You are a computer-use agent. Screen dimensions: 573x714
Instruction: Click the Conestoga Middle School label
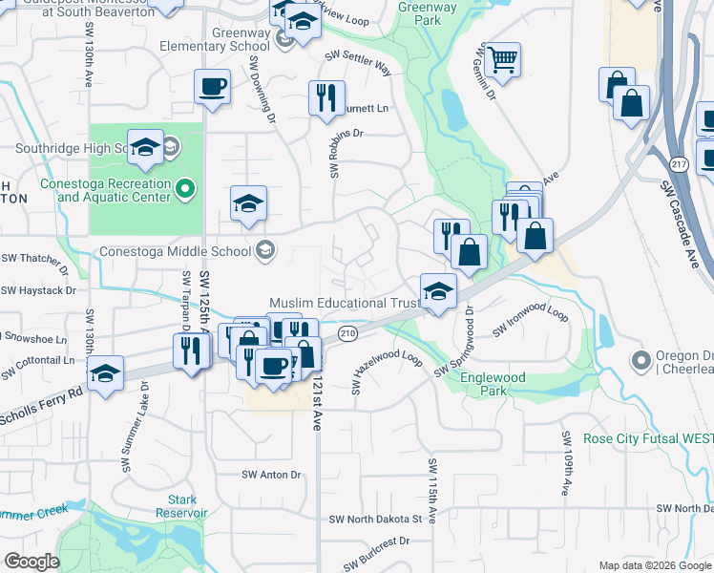click(x=176, y=252)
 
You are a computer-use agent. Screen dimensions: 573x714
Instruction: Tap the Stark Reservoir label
click(x=181, y=505)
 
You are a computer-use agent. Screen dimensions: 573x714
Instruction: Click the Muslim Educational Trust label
click(x=345, y=303)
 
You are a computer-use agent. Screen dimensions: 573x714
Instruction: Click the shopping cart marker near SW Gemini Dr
click(x=501, y=61)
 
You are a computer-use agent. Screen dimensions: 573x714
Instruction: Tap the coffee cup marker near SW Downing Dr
click(x=212, y=88)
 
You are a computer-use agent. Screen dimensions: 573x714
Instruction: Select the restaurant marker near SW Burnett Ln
click(x=326, y=97)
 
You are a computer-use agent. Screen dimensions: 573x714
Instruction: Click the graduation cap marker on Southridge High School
click(x=145, y=147)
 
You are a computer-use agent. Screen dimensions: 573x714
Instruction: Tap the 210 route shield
click(x=346, y=333)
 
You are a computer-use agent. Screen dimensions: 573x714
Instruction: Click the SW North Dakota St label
click(x=375, y=519)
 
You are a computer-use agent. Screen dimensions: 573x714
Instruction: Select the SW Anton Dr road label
click(x=271, y=475)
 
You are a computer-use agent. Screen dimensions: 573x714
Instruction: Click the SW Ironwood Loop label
click(x=530, y=321)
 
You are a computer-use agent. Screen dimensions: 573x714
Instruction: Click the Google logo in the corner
click(x=31, y=562)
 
